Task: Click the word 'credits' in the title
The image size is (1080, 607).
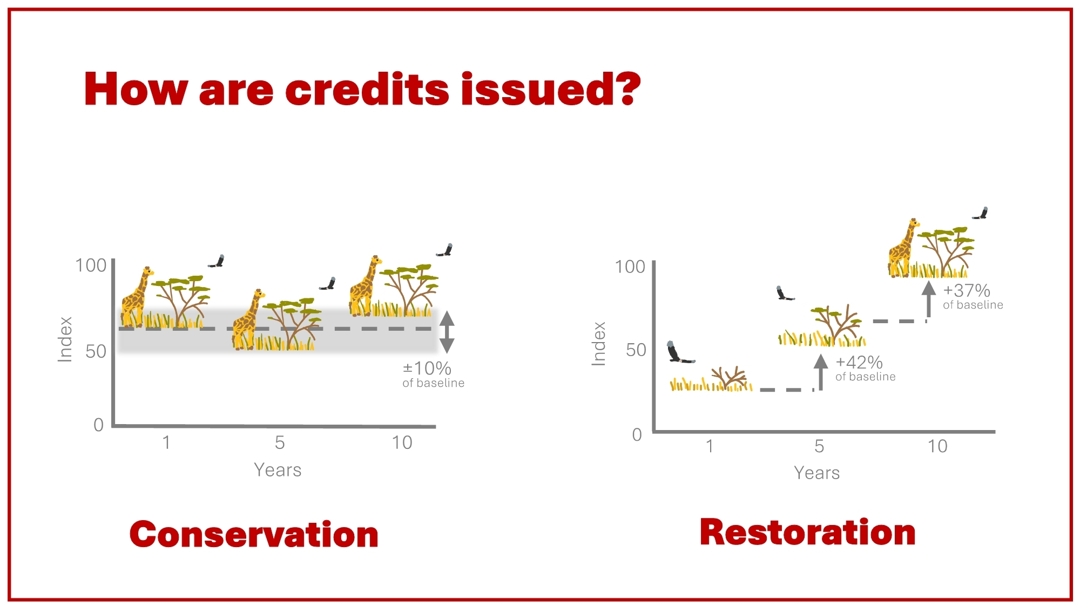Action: tap(367, 89)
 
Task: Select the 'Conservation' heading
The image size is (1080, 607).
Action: tap(254, 535)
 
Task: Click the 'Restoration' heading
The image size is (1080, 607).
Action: tap(807, 532)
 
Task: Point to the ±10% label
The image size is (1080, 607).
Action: tap(427, 369)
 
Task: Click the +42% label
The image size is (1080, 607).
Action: tap(859, 362)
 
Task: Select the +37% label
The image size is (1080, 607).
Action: tap(967, 291)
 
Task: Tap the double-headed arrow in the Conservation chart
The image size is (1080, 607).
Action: tap(447, 332)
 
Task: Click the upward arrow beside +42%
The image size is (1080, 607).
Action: tap(821, 372)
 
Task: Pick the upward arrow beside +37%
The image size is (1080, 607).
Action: tap(929, 299)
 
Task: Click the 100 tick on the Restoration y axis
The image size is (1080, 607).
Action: tap(630, 267)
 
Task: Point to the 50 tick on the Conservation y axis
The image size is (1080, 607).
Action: tap(96, 352)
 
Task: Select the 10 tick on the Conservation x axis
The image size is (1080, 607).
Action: tap(402, 443)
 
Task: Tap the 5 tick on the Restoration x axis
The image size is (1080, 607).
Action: tap(819, 446)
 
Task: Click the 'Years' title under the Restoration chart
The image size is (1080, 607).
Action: tap(816, 473)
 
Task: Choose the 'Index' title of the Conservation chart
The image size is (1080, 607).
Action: tap(65, 339)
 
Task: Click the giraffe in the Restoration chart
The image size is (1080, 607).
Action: tap(903, 248)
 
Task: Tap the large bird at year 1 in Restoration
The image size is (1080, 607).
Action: tap(678, 352)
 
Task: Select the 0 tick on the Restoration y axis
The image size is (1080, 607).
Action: tap(637, 435)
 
